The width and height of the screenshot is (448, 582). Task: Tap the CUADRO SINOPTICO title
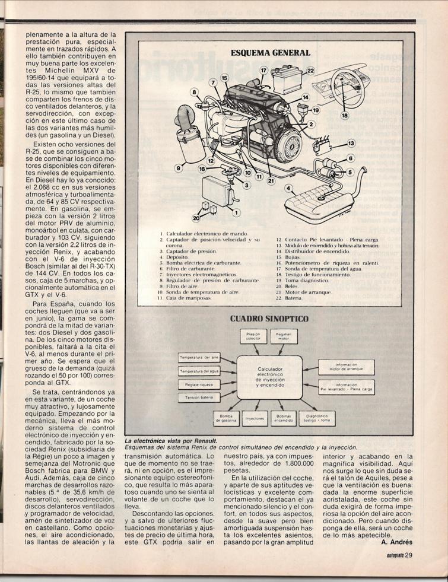pyautogui.click(x=269, y=319)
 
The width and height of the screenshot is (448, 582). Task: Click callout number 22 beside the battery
pyautogui.click(x=310, y=71)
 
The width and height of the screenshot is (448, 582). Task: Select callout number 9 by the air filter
pyautogui.click(x=177, y=168)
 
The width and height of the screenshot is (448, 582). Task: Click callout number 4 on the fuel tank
pyautogui.click(x=289, y=189)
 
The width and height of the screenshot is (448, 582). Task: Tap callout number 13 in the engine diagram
pyautogui.click(x=351, y=143)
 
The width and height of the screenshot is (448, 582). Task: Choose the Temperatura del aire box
pyautogui.click(x=199, y=358)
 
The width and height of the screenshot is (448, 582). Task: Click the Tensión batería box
pyautogui.click(x=199, y=397)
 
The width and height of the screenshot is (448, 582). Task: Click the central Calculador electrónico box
pyautogui.click(x=269, y=377)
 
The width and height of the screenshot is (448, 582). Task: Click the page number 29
pyautogui.click(x=409, y=555)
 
